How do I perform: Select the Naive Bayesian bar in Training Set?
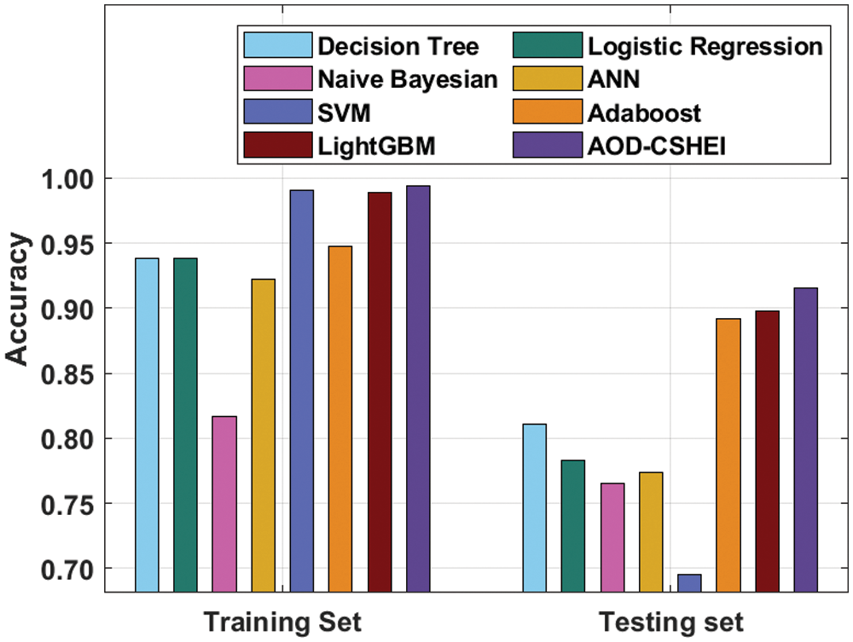pyautogui.click(x=224, y=504)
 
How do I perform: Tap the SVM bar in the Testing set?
pyautogui.click(x=689, y=583)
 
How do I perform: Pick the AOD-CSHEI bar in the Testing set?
pyautogui.click(x=806, y=440)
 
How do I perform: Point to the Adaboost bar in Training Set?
pyautogui.click(x=340, y=419)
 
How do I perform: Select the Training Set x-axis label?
pyautogui.click(x=282, y=621)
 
